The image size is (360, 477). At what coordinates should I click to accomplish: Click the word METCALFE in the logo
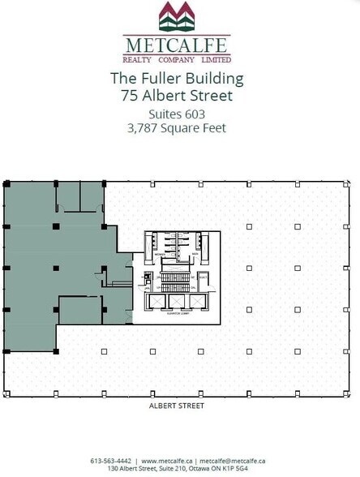[x=178, y=45]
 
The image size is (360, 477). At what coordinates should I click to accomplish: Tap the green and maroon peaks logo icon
[x=178, y=17]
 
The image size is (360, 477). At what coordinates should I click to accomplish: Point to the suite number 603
[x=194, y=114]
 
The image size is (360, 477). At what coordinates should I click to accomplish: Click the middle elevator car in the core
[x=177, y=303]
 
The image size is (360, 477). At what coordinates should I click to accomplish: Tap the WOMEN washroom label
[x=161, y=253]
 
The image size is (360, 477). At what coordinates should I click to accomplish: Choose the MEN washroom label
[x=195, y=253]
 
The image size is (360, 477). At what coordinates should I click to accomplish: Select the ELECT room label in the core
[x=204, y=277]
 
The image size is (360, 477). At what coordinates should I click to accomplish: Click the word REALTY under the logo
[x=137, y=59]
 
